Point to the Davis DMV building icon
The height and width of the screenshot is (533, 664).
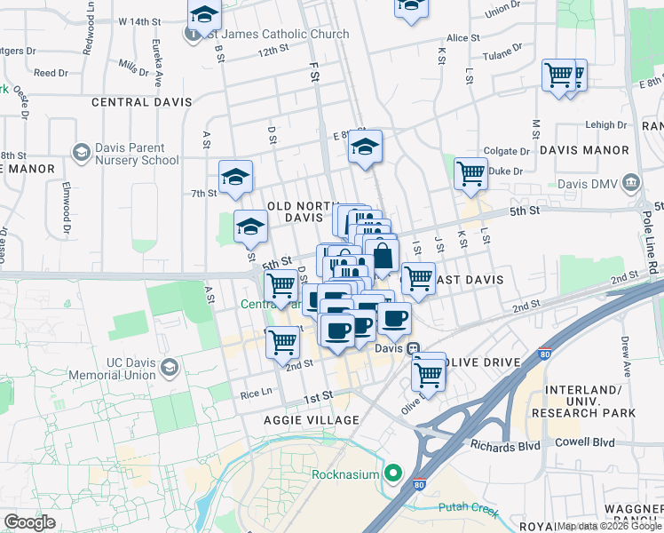pos(631,184)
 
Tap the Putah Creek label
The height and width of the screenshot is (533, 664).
pos(468,509)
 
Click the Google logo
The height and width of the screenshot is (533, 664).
pos(29,521)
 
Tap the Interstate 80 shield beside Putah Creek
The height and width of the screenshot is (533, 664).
pos(419,485)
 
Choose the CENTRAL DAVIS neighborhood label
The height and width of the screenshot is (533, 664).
pos(141,102)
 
